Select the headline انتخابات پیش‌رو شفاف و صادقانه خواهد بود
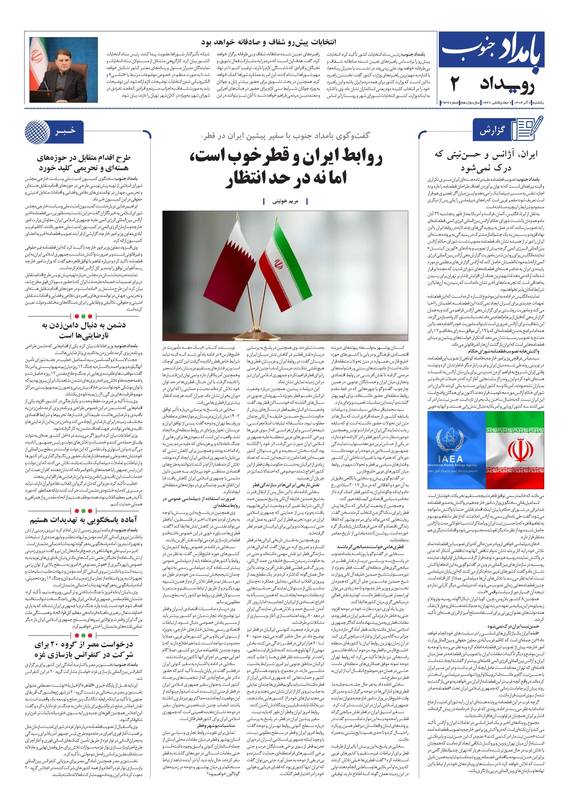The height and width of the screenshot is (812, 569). pyautogui.click(x=269, y=42)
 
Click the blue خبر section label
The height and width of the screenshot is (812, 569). pyautogui.click(x=65, y=131)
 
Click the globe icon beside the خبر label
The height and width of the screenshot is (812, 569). pyautogui.click(x=37, y=132)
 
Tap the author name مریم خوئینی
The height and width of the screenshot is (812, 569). pyautogui.click(x=285, y=201)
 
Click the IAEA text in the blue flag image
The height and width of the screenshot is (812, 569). pyautogui.click(x=450, y=459)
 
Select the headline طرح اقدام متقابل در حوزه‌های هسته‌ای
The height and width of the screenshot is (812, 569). pyautogui.click(x=84, y=163)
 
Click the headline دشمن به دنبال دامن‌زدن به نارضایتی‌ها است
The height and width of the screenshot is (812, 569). pyautogui.click(x=84, y=330)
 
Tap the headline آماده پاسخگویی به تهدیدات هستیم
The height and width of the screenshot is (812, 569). pyautogui.click(x=84, y=520)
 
